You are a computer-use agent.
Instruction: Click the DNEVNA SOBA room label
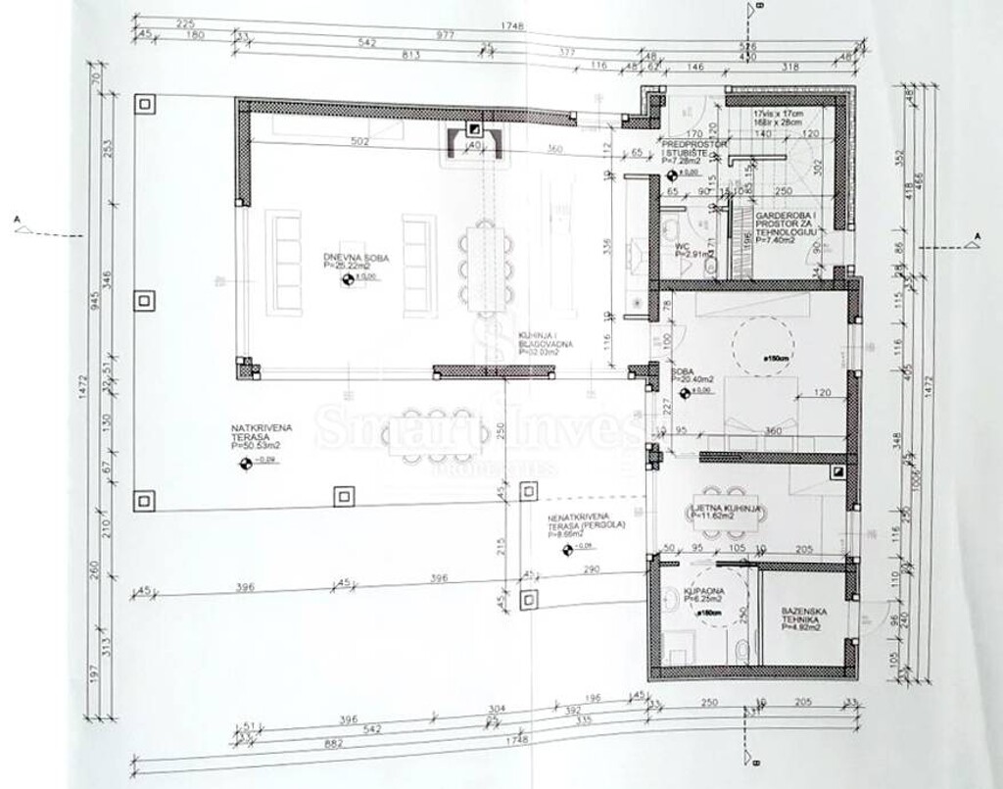click(357, 262)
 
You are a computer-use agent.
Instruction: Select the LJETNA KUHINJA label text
click(727, 510)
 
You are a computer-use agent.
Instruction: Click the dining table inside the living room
click(486, 268)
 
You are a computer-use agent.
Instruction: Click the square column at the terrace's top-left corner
click(145, 104)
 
